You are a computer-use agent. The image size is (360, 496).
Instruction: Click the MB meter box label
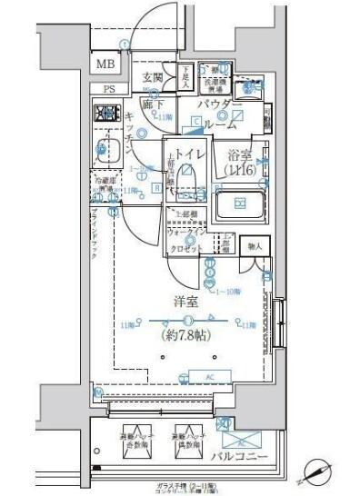[106, 65]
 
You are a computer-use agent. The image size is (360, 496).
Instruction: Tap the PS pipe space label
[109, 88]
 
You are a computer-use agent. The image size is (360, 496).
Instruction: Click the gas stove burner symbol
[107, 114]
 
